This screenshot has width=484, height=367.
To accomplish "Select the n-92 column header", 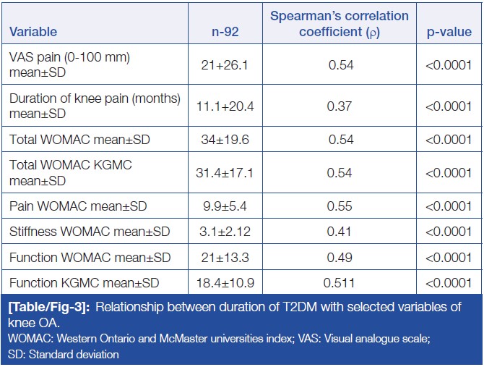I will pos(225,32).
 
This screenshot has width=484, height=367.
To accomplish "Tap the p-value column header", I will pos(449,32).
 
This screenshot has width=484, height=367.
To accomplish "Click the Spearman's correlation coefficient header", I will pos(339,23).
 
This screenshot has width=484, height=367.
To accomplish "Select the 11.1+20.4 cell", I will pos(225,106).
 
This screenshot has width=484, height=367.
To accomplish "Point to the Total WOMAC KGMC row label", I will pos(70,172).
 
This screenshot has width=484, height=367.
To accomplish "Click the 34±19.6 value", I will pos(225,139).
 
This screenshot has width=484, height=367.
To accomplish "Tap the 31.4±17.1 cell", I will pos(225,172).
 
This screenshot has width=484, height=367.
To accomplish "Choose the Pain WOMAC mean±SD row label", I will pos(78,206).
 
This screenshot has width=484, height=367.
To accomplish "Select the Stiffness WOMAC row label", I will pos(90,232).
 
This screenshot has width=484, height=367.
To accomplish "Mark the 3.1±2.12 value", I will pos(225,232).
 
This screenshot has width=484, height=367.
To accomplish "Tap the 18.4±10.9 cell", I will pos(225,282).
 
